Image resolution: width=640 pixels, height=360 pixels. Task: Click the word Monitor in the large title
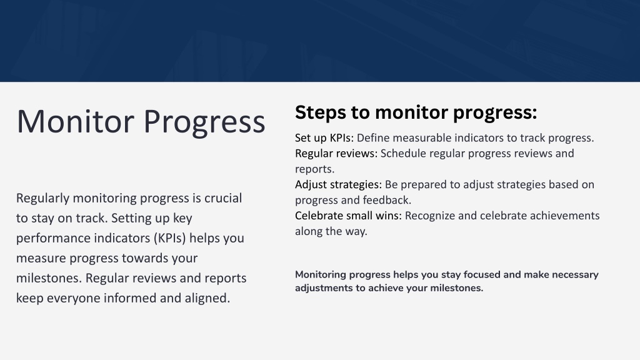coord(76,121)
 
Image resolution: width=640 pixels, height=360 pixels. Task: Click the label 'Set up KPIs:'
coord(324,138)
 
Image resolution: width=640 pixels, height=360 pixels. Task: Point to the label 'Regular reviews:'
coord(336,154)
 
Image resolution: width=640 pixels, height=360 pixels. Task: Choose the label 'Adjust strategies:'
coord(338,184)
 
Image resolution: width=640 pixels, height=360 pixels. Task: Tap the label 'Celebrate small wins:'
coord(348,216)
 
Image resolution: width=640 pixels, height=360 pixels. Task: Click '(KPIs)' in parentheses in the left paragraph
coord(170,238)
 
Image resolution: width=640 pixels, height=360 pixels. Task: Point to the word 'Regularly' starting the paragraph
coord(43,198)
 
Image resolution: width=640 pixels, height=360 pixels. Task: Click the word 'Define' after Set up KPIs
coord(373,138)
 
